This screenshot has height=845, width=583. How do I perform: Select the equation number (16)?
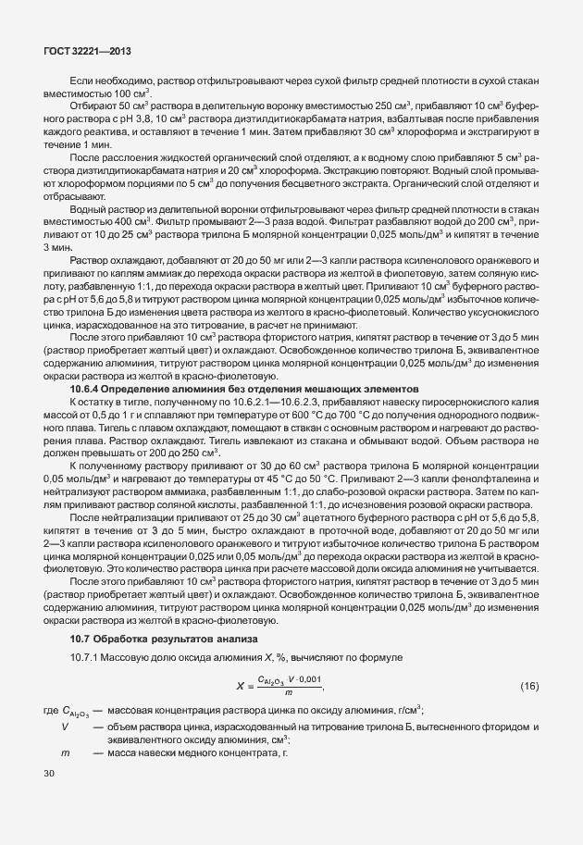click(x=528, y=686)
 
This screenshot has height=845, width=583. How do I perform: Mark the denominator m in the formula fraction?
click(x=290, y=694)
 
